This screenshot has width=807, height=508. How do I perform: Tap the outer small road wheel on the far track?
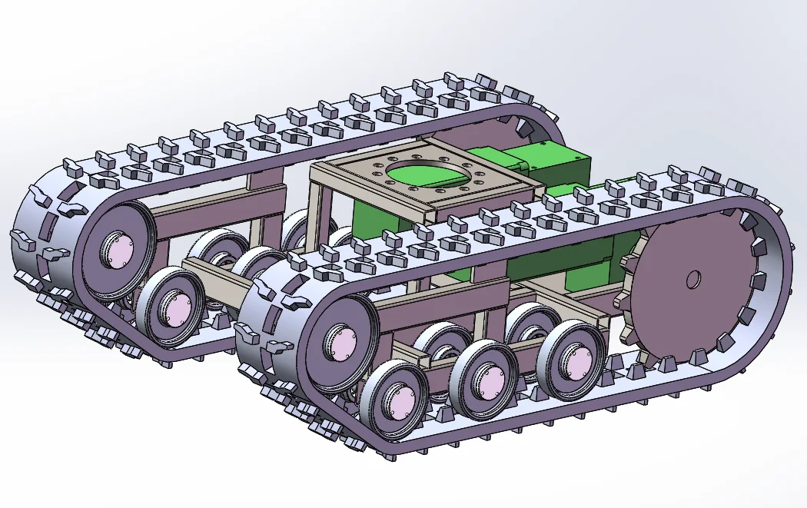[174, 305]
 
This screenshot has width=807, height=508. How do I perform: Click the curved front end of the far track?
[42, 231]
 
